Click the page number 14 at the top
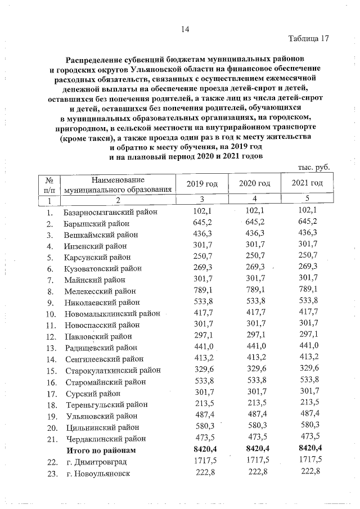point(186,29)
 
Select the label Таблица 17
point(308,39)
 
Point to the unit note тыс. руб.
point(313,168)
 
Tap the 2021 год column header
point(307,183)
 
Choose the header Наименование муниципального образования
point(118,184)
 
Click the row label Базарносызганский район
point(111,212)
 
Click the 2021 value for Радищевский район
point(307,347)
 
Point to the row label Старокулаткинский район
point(113,370)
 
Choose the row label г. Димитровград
point(97,461)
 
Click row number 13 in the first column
point(51,347)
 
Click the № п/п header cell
point(50,184)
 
